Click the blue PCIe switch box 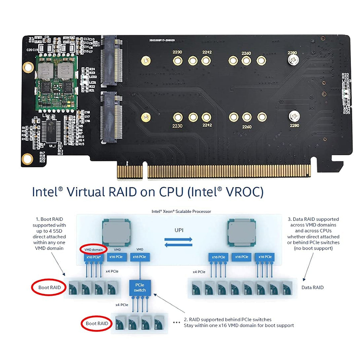(x=139, y=287)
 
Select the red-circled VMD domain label (x=93, y=250)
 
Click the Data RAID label (x=313, y=287)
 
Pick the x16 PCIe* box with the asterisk (x=94, y=257)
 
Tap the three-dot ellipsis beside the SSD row (x=176, y=322)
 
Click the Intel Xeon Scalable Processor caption (x=182, y=211)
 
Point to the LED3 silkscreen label (x=346, y=81)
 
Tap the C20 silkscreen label (x=29, y=50)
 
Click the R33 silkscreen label (x=346, y=75)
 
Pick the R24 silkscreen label (x=92, y=69)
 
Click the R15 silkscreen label (x=81, y=144)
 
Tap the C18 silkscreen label (x=87, y=112)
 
